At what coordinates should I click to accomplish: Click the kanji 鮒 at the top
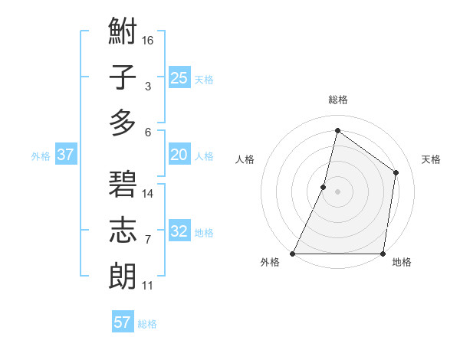pos(123,34)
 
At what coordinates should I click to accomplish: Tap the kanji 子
pos(123,78)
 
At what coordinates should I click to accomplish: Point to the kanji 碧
pos(123,184)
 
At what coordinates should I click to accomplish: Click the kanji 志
pos(123,229)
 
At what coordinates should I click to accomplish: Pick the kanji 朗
pos(123,274)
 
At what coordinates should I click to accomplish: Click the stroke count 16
pos(148,39)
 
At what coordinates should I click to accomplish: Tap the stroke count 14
pos(148,193)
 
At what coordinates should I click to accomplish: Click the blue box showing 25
pos(179,77)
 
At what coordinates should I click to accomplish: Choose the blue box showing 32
pos(179,232)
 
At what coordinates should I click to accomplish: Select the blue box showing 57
pos(123,322)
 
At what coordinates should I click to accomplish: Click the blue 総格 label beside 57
pos(147,324)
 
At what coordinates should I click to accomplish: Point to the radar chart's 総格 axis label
pos(337,100)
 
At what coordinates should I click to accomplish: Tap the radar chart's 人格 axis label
pos(245,159)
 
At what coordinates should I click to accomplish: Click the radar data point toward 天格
pos(396,172)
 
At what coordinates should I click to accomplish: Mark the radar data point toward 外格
pos(293,254)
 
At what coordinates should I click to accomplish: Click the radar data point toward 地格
pos(383,254)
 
